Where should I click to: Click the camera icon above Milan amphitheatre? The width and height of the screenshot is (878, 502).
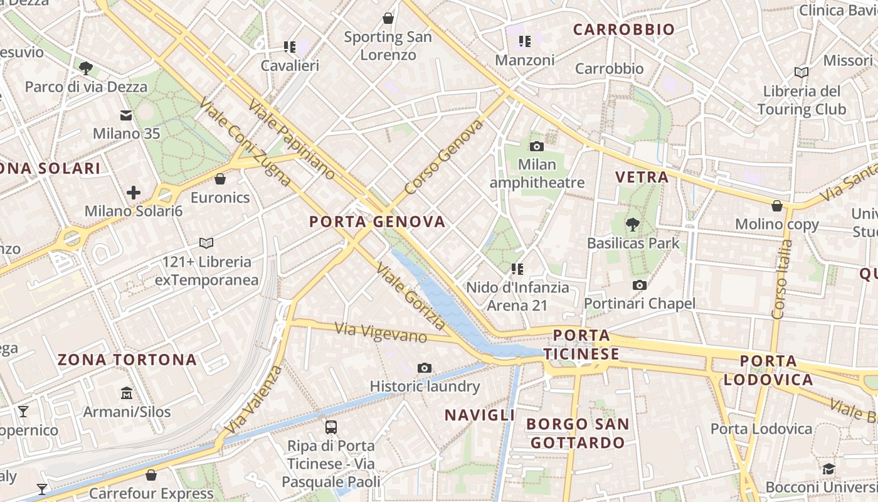537,147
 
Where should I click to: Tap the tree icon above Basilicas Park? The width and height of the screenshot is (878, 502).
633,224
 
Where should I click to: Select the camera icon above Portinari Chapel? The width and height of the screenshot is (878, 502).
640,286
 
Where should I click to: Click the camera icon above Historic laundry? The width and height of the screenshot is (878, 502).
425,368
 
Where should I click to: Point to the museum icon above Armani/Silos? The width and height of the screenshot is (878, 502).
127,393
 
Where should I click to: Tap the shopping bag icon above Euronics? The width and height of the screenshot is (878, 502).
220,179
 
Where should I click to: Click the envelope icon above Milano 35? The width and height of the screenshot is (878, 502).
126,115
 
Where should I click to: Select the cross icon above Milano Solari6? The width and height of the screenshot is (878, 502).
134,193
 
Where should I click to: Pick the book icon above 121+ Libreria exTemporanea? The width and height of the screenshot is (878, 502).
206,243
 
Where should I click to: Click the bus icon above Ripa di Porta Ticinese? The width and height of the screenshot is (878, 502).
331,427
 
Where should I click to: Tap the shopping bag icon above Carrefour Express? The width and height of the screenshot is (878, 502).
151,475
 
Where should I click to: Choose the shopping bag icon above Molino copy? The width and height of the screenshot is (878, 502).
777,206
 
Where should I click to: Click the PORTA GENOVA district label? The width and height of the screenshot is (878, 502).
378,222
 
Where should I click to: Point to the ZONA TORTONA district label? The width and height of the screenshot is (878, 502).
127,360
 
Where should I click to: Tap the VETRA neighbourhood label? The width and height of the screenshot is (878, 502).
642,178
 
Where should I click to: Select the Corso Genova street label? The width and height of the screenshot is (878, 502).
444,158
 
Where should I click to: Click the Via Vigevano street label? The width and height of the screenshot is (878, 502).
381,333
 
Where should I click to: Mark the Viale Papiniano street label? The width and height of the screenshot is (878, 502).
292,139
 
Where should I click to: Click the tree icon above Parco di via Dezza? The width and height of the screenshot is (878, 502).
86,68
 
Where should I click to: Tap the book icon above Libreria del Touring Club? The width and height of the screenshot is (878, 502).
801,73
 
